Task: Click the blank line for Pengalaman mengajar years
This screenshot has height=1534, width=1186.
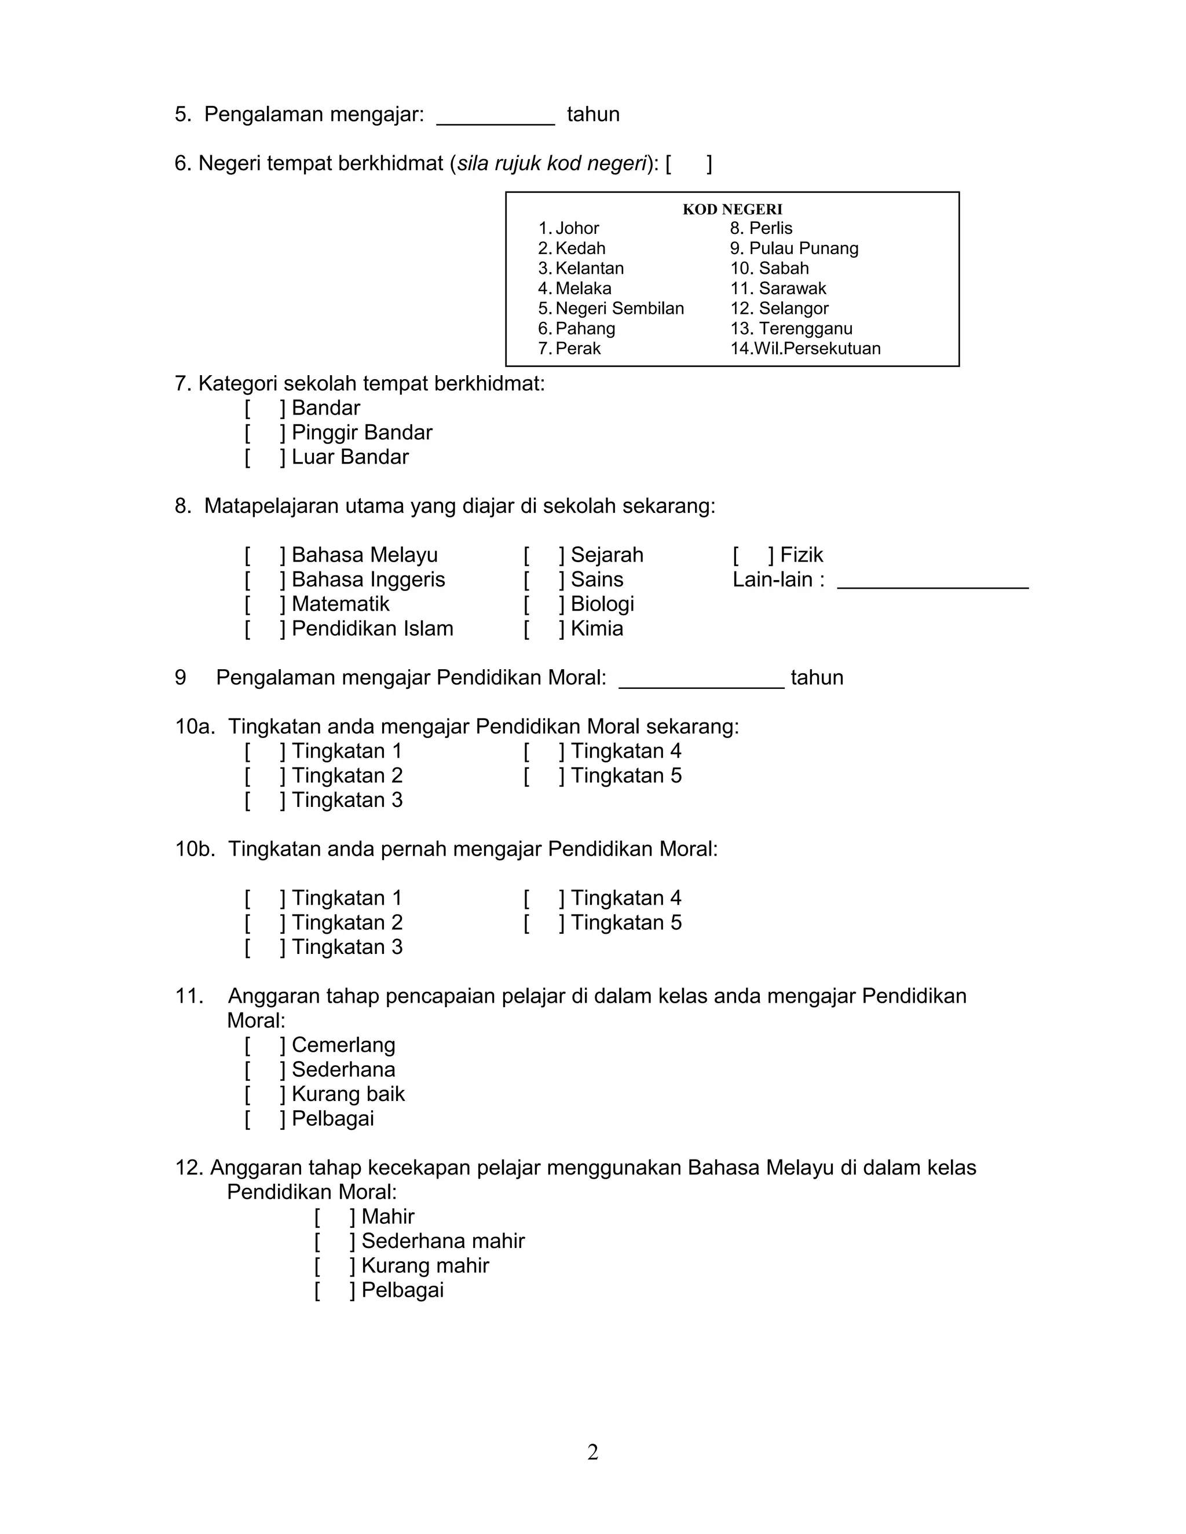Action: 495,119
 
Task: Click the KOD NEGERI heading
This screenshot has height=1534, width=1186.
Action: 732,210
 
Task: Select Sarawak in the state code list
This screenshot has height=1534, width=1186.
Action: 778,289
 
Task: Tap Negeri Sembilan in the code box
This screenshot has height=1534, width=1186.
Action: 612,309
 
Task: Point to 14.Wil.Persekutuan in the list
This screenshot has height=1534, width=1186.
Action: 805,348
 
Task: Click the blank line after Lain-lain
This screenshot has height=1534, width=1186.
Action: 932,583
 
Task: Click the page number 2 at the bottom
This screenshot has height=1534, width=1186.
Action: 593,1452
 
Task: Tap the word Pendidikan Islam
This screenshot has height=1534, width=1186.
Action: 372,629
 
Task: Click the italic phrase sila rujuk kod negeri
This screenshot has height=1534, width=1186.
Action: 551,164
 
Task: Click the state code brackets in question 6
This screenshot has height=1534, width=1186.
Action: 689,164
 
